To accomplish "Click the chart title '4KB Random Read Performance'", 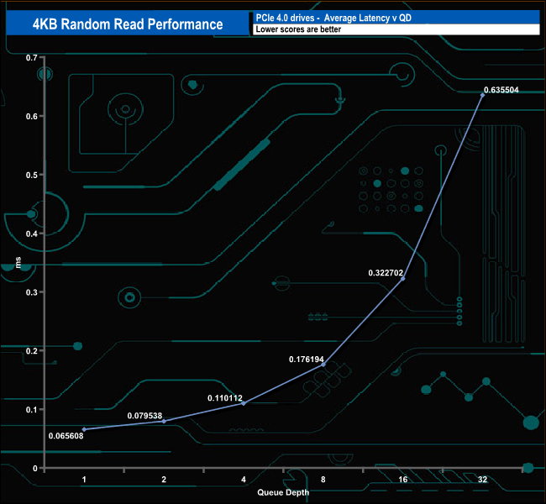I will coord(129,24).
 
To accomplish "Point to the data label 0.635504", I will coord(507,89).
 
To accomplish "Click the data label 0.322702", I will coord(386,273).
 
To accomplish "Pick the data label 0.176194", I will coord(307,360).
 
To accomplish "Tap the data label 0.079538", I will coord(145,416).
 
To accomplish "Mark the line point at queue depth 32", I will coord(482,95).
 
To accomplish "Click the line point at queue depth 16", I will coord(403,278).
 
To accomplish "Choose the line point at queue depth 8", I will coord(323,365).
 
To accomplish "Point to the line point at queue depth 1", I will coord(84,429).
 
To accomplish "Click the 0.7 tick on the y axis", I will coord(34,57).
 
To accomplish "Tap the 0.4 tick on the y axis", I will coord(34,233).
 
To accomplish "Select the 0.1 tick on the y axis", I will coord(34,409).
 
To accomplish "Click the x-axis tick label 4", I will coord(244,479).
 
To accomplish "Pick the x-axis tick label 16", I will coord(402,479).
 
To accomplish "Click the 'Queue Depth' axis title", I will coord(283,492).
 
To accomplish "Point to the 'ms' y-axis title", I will coord(18,262).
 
